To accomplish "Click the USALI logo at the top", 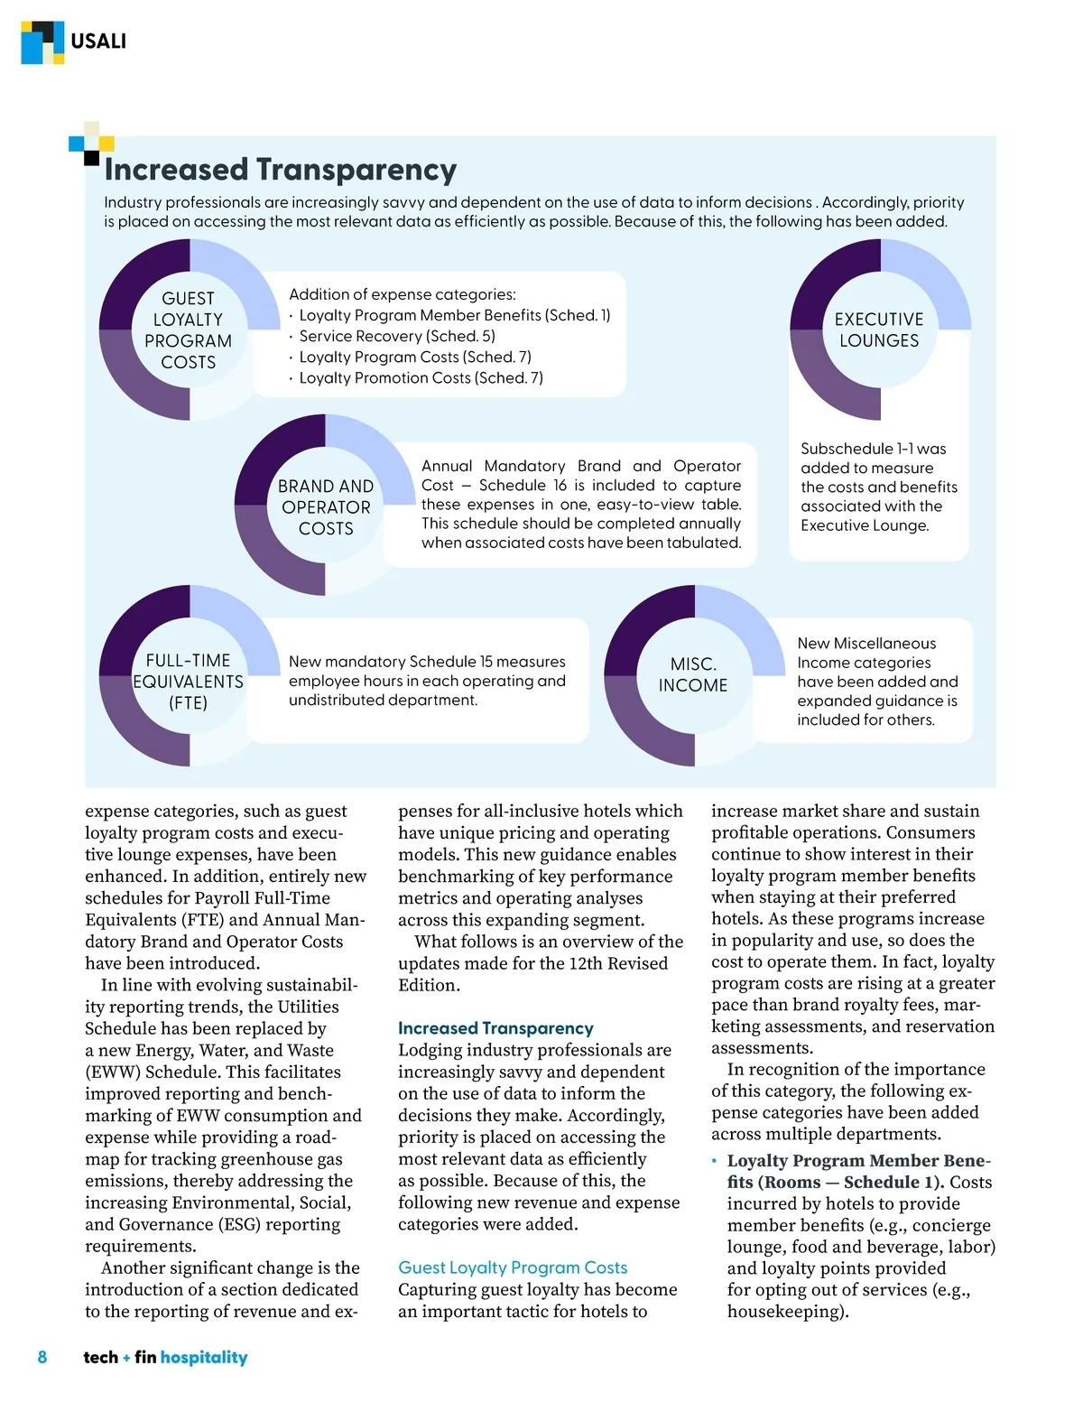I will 74,42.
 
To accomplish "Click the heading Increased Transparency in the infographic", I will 280,170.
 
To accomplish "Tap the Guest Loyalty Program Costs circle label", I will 189,330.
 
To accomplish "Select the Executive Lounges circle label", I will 879,330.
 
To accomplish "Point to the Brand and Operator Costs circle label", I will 326,507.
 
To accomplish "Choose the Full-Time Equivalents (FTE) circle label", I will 189,682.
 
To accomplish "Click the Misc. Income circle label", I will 693,674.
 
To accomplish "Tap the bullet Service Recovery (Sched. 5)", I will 396,336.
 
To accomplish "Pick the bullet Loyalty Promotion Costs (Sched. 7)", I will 421,377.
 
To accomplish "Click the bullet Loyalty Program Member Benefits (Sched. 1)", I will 454,315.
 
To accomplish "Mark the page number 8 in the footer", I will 42,1357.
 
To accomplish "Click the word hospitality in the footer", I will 204,1357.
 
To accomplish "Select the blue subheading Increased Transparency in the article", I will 495,1028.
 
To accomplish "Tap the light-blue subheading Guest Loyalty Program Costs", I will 513,1267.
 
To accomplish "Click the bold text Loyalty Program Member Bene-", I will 858,1161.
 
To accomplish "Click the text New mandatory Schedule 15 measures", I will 427,662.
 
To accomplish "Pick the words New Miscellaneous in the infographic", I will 866,644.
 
